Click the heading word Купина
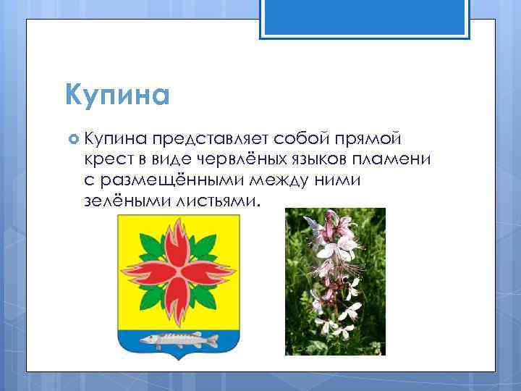(x=116, y=95)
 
